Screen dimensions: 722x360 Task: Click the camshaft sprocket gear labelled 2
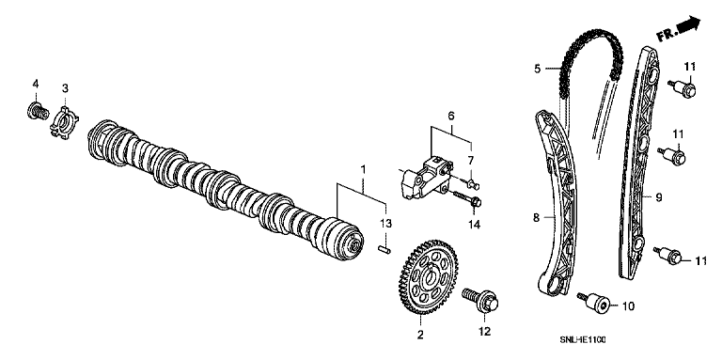(x=428, y=276)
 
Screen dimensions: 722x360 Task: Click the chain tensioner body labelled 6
(x=425, y=178)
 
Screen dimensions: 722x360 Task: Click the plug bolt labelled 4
(x=37, y=111)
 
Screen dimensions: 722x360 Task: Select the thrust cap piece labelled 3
(x=64, y=122)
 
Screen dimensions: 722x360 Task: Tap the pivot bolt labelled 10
(x=595, y=302)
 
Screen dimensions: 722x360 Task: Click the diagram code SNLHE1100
(x=583, y=339)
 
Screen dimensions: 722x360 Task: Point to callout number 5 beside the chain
(x=538, y=69)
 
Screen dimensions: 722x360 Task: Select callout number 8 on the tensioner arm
(x=536, y=217)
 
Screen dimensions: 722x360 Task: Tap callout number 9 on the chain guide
(x=659, y=197)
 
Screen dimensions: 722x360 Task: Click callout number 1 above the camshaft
(x=363, y=169)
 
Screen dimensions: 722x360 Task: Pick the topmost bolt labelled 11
(x=683, y=88)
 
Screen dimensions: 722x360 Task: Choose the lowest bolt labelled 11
(x=668, y=257)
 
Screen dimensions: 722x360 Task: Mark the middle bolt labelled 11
(x=672, y=155)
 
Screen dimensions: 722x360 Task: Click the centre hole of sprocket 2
(x=431, y=277)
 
